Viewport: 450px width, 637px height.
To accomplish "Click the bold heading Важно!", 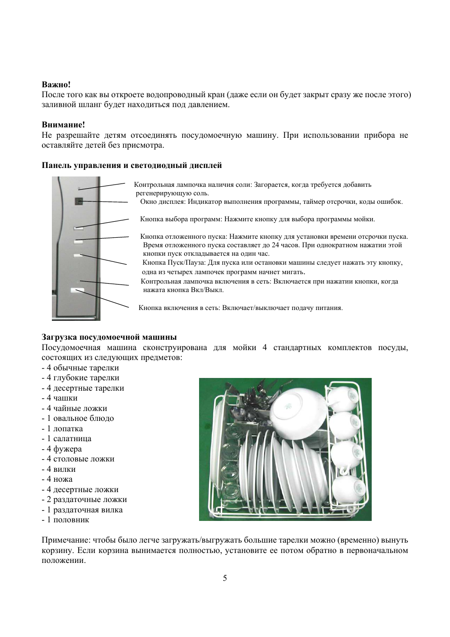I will [x=56, y=84].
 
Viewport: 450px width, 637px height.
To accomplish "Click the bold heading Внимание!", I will [x=63, y=125].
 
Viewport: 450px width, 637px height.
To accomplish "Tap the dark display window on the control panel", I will [x=79, y=201].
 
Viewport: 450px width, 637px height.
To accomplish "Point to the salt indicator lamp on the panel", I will [x=79, y=189].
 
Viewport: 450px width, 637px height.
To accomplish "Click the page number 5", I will [x=225, y=578].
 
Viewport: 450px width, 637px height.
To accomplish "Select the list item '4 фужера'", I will [x=64, y=449].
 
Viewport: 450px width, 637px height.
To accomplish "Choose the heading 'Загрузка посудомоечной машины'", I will [x=109, y=337].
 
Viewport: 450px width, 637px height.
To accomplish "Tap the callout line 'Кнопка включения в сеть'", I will [x=179, y=308].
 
